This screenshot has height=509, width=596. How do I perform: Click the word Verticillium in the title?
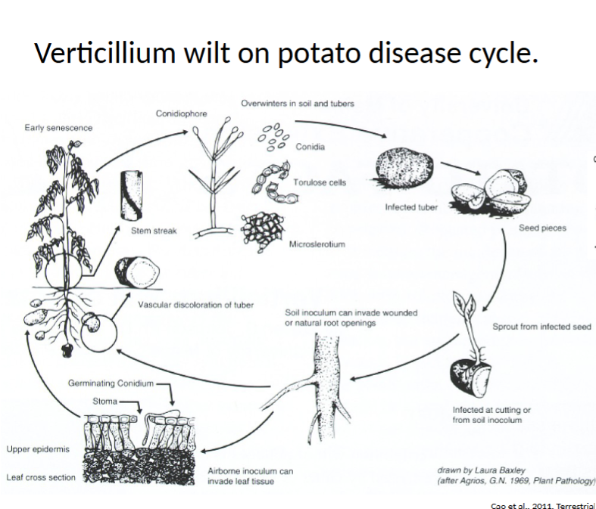tap(105, 52)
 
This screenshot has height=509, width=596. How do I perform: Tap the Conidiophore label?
tap(181, 113)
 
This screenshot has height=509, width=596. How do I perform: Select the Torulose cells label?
tap(320, 182)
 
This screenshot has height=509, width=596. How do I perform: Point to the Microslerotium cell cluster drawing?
tap(262, 232)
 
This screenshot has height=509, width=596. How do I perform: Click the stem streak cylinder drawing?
tap(132, 195)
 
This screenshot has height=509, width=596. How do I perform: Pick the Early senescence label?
tap(58, 128)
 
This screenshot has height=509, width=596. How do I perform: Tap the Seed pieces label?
tap(542, 228)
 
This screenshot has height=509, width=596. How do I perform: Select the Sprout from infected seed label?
tap(541, 327)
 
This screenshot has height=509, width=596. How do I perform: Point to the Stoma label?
tap(105, 401)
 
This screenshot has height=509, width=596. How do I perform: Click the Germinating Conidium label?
tap(111, 383)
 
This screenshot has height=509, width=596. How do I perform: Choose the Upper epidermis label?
tap(38, 449)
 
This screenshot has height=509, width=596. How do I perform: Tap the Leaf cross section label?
tap(41, 477)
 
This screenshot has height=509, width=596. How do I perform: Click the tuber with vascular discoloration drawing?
tap(137, 272)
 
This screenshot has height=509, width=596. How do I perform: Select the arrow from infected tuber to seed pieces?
tap(460, 169)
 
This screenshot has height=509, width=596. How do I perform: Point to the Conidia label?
tap(310, 147)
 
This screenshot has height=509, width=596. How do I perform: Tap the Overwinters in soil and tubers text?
tap(298, 104)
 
